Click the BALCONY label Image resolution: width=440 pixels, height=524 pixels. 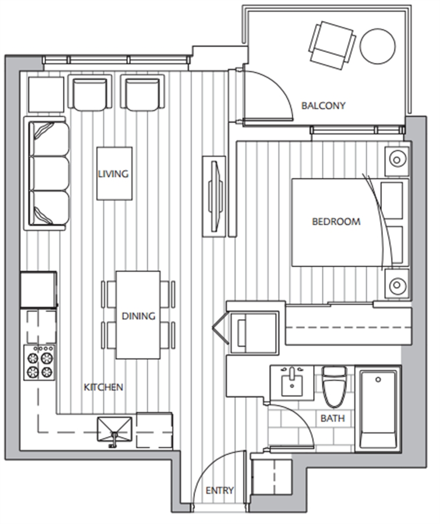pos(323,105)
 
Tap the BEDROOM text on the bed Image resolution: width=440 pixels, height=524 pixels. pos(336,222)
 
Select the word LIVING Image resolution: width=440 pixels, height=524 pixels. pos(113,174)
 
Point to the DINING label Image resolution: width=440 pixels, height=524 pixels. pos(139,316)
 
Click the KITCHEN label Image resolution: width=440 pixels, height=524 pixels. pos(103,387)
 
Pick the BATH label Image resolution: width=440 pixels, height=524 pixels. pos(332,418)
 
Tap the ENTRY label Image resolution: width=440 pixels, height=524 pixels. pos(219,490)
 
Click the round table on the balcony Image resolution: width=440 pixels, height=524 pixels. pos(378,46)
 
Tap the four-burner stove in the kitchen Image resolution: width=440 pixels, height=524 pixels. pos(40,363)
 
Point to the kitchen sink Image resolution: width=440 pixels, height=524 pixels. pos(115,430)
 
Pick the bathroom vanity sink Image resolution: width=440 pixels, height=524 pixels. pos(292,383)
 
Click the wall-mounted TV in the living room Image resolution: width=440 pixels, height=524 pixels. pos(214,196)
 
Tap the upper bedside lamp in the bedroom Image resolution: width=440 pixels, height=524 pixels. pos(396,160)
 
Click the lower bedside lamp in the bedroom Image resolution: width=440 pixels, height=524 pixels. pos(396,285)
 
